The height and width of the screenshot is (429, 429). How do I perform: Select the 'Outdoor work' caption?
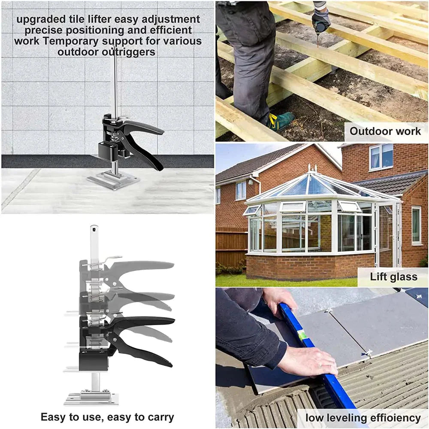(385, 131)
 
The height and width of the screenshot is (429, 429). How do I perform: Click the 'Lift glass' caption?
(394, 277)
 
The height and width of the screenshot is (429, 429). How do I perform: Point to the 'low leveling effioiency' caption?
(363, 418)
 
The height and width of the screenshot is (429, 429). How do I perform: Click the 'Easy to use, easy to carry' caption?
(107, 417)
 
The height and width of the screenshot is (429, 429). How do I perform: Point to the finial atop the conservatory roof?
(312, 167)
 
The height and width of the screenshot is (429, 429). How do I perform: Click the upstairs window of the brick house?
(381, 157)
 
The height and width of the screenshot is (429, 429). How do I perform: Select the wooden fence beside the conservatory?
(232, 246)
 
